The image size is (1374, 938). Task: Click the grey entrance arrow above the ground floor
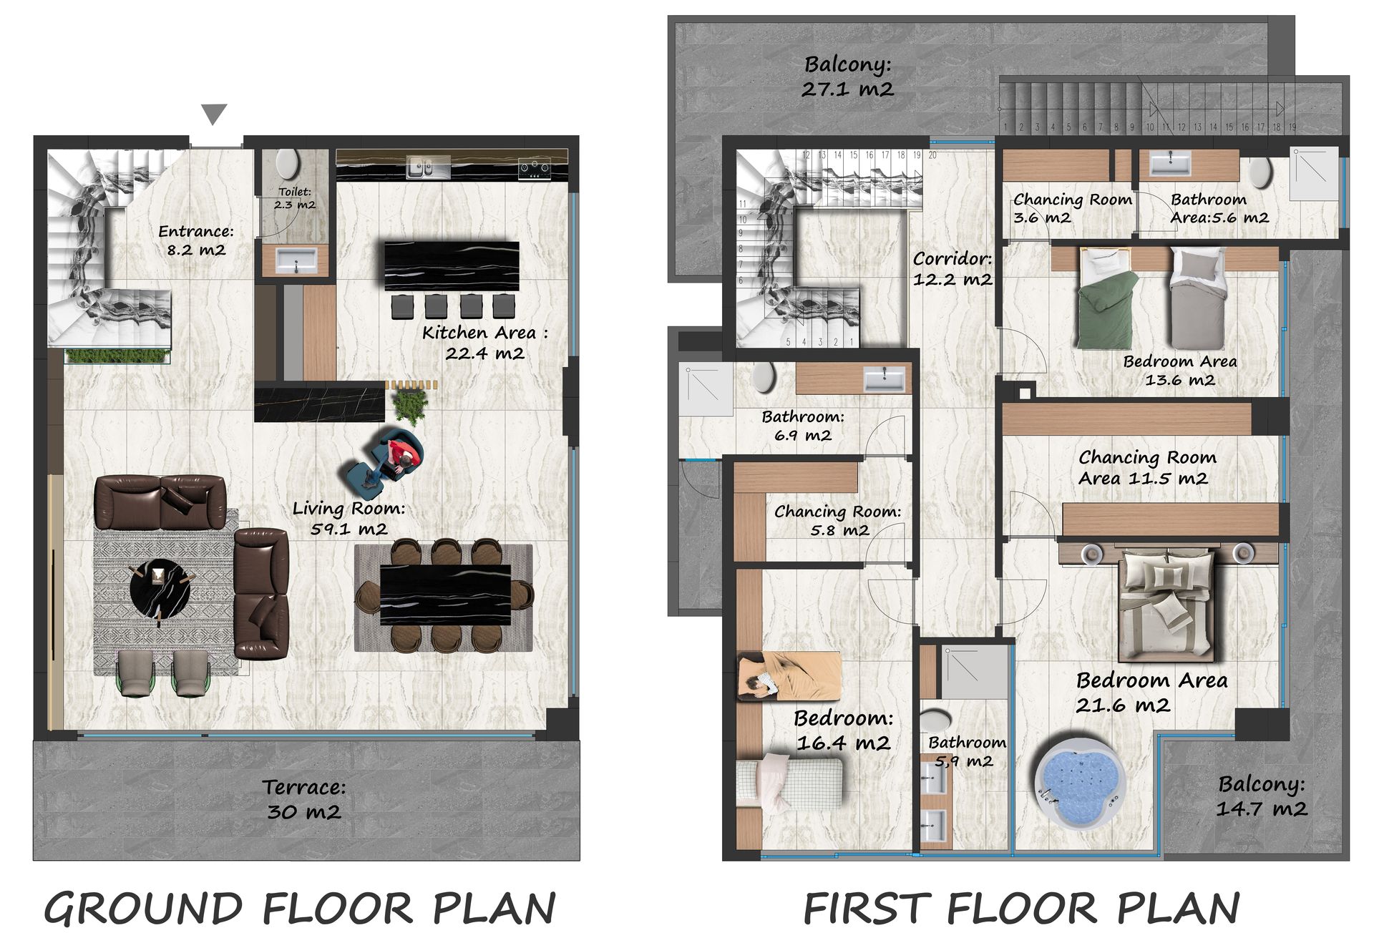coord(214,114)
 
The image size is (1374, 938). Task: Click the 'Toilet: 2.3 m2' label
coord(295,198)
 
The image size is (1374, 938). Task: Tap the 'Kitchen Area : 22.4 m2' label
coord(485,343)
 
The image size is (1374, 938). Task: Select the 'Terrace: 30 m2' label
coord(304,799)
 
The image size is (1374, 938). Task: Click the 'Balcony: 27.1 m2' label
coord(848,77)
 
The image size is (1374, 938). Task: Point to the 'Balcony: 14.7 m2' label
coord(1262,796)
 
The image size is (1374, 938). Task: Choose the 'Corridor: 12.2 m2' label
coord(952,269)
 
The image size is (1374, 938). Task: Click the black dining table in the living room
coord(445,595)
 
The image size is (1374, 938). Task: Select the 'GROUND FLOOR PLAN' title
coord(300,909)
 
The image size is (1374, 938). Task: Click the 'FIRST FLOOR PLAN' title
coord(1022,909)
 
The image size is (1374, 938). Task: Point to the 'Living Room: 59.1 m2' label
coord(349,519)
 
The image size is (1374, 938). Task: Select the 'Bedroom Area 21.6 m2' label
coord(1151,693)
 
